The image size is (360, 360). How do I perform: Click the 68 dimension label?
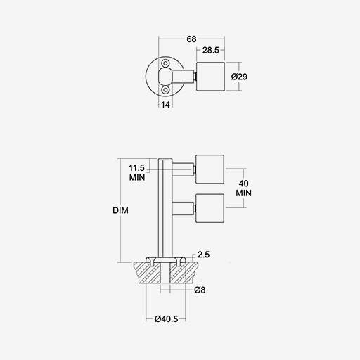pyautogui.click(x=191, y=39)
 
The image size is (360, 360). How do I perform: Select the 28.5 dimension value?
pyautogui.click(x=210, y=50)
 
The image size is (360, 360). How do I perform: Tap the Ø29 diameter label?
pyautogui.click(x=239, y=77)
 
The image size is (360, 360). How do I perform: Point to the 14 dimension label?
pyautogui.click(x=165, y=105)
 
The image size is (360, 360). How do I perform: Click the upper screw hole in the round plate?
pyautogui.click(x=166, y=63)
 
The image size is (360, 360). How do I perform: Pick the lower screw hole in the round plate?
pyautogui.click(x=166, y=90)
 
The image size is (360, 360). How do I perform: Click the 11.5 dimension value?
pyautogui.click(x=136, y=168)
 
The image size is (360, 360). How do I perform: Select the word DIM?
pyautogui.click(x=120, y=210)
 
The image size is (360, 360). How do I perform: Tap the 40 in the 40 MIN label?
pyautogui.click(x=244, y=184)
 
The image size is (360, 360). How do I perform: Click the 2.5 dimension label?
pyautogui.click(x=203, y=255)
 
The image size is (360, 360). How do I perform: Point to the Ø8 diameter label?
pyautogui.click(x=200, y=290)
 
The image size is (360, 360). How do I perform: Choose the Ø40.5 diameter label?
pyautogui.click(x=166, y=319)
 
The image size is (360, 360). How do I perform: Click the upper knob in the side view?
pyautogui.click(x=210, y=169)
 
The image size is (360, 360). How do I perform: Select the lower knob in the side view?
pyautogui.click(x=210, y=208)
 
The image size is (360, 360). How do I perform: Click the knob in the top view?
pyautogui.click(x=210, y=77)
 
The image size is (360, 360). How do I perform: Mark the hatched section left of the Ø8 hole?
pyautogui.click(x=148, y=273)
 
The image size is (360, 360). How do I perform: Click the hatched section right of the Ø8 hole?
pyautogui.click(x=184, y=273)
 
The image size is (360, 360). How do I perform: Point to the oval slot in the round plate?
pyautogui.click(x=166, y=77)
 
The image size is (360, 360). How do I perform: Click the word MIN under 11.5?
pyautogui.click(x=137, y=177)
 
